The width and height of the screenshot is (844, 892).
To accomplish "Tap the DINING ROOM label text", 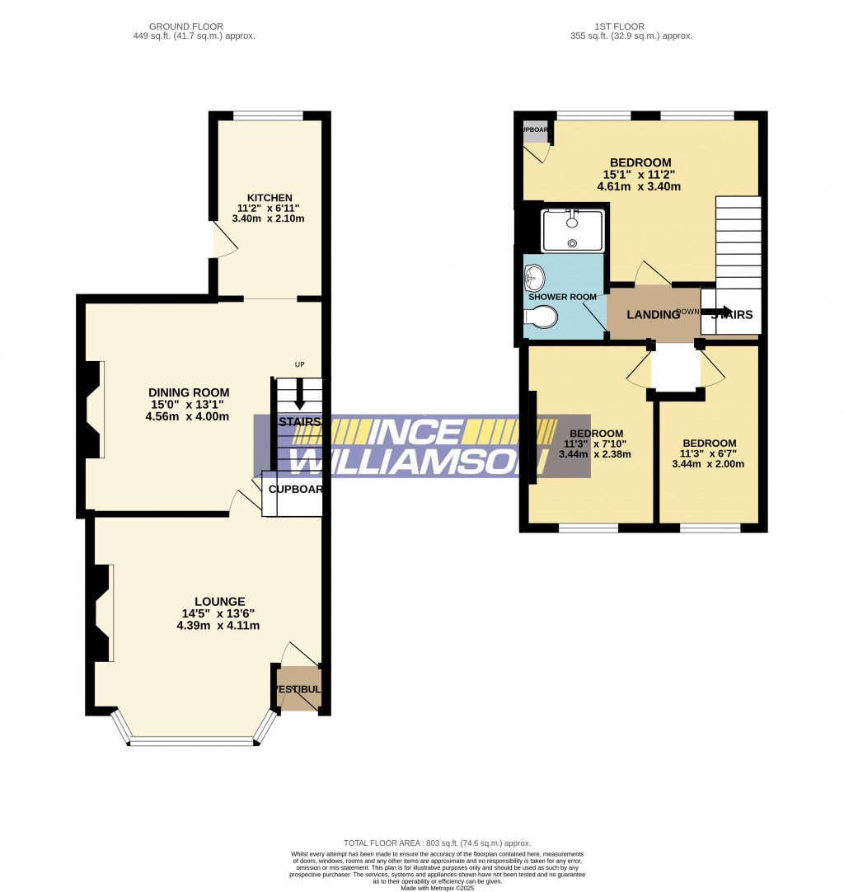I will [189, 392].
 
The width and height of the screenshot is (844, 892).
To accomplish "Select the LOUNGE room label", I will [219, 601].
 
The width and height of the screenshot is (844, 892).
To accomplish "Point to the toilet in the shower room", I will [541, 317].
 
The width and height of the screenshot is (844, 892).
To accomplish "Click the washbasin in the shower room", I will [535, 275].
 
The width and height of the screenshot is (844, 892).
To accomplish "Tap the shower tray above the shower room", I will [572, 230].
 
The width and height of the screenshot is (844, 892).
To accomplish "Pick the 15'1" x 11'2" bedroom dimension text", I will [640, 175].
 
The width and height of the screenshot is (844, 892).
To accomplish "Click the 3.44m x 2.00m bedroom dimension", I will [709, 464].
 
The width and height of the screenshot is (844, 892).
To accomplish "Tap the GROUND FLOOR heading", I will [193, 26].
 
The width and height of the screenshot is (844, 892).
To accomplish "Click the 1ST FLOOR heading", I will [631, 26].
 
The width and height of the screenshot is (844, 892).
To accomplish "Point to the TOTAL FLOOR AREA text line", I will [437, 843].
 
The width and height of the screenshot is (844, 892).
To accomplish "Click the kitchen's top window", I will [268, 116].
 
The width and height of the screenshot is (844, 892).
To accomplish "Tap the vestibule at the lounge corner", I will [298, 689].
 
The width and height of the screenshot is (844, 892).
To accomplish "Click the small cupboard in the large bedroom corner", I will [534, 132].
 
